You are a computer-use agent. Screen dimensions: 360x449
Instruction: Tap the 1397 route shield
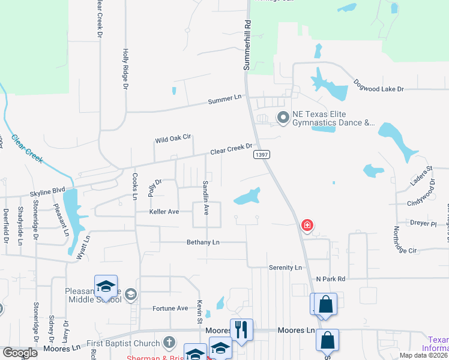coord(261,155)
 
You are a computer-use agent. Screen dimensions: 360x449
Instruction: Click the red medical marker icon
coord(307,226)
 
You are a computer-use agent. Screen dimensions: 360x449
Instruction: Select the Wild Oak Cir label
coord(172,139)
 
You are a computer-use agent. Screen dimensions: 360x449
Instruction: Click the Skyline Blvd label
coord(47,192)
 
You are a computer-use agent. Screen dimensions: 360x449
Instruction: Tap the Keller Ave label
coord(164,212)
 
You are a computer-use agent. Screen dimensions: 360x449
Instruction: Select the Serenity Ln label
coord(285,267)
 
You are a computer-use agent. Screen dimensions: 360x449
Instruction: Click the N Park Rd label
coord(331,279)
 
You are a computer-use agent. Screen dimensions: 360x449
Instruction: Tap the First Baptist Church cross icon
coord(170,343)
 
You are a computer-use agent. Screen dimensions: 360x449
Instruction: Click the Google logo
coord(19,353)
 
